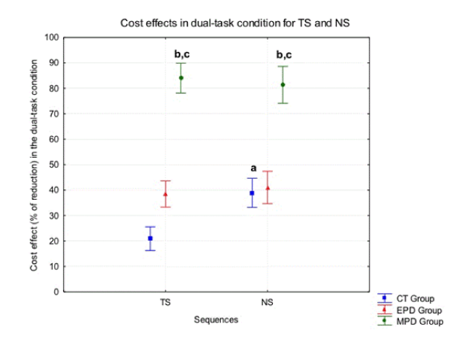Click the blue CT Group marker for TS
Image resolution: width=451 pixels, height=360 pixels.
[150, 238]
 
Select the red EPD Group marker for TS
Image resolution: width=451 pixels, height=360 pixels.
[165, 194]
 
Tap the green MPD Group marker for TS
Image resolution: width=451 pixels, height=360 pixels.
[180, 77]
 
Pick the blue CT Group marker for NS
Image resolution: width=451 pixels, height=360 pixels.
[252, 193]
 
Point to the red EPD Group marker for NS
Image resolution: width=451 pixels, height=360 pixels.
[268, 188]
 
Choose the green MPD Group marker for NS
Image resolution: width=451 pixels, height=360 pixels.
[283, 84]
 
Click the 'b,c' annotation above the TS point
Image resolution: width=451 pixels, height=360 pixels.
[182, 54]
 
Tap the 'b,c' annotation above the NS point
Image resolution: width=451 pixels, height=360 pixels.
[284, 54]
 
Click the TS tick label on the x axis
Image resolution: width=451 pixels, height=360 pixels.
[165, 303]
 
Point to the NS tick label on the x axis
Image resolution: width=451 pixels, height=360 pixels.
[268, 303]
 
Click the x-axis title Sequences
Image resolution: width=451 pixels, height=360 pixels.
[216, 319]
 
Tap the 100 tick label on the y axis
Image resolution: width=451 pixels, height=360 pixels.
[51, 37]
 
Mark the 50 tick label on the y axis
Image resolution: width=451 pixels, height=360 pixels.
[53, 165]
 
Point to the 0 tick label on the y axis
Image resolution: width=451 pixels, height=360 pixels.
[56, 292]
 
